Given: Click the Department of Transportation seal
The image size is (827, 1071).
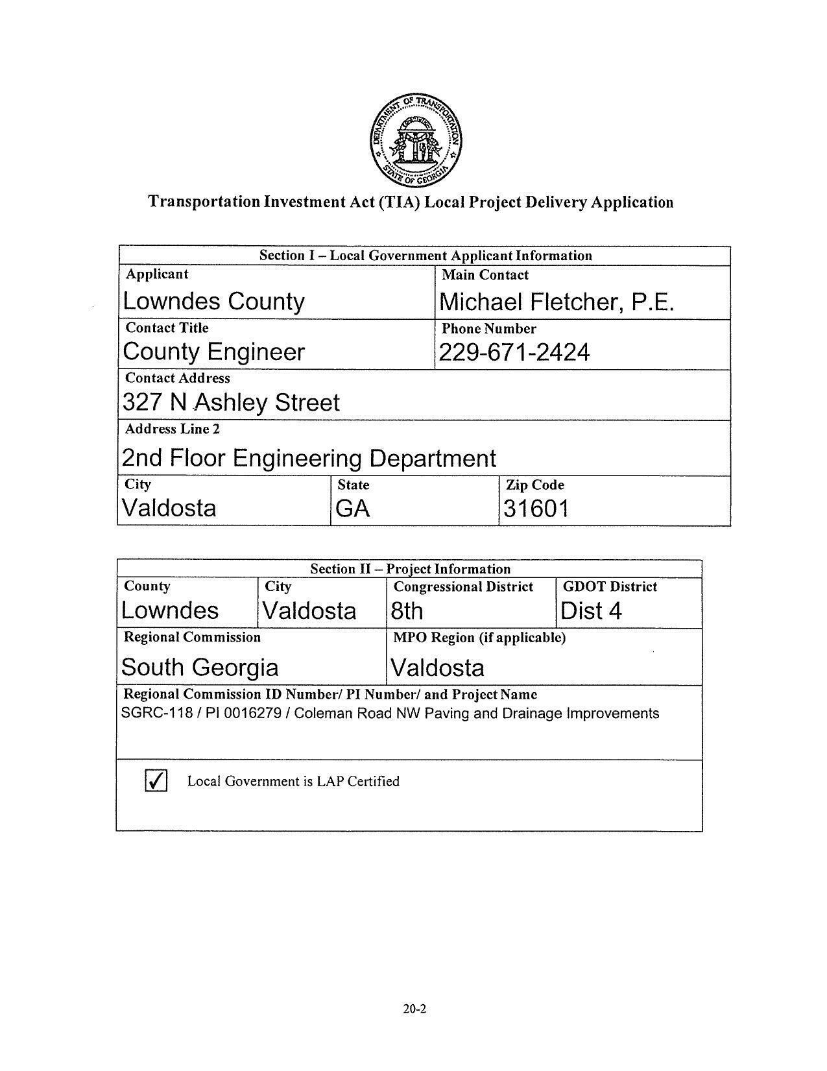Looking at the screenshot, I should (x=416, y=140).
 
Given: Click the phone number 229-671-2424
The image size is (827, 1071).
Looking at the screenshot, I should (x=514, y=353).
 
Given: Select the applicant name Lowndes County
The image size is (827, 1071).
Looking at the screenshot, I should (x=213, y=302).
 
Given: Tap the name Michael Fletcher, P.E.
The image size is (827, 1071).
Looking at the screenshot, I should (x=557, y=302).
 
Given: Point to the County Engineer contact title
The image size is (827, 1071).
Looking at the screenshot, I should (x=213, y=352).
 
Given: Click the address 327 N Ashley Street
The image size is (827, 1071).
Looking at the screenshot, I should (x=231, y=403).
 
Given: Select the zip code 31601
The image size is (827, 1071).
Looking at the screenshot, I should (x=536, y=509).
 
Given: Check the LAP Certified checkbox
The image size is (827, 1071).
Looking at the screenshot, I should (x=156, y=780).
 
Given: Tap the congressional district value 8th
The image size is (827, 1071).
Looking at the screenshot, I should (x=407, y=611).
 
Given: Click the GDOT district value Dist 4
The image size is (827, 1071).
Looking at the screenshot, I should (x=590, y=611).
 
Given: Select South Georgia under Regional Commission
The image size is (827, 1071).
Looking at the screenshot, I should (x=200, y=668).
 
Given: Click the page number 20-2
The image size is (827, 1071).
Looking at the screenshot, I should (x=414, y=1009).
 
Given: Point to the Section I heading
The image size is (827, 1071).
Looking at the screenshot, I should (x=425, y=256).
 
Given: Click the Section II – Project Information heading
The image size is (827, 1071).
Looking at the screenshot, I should (x=410, y=569).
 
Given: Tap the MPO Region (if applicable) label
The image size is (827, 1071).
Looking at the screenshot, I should (x=479, y=638).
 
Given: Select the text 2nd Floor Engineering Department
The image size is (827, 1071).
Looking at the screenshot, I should (x=309, y=459).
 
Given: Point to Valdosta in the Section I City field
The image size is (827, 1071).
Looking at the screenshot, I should (x=169, y=507).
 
